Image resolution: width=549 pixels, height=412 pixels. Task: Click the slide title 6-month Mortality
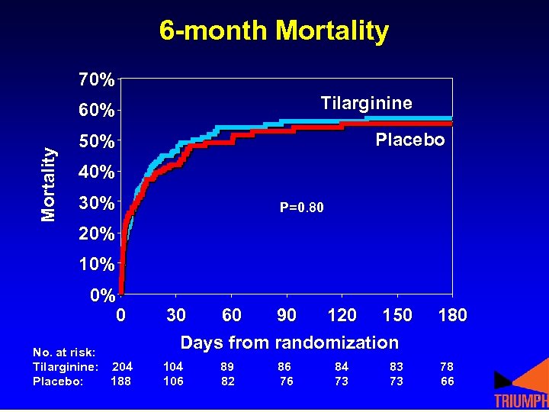tap(274, 31)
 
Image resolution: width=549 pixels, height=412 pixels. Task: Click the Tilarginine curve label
tap(366, 103)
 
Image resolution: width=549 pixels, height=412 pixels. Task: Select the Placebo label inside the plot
tap(409, 140)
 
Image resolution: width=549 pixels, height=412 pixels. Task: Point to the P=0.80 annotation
tap(301, 207)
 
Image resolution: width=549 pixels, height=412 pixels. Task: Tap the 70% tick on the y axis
tap(96, 79)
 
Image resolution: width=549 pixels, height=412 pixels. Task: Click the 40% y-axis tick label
tap(96, 172)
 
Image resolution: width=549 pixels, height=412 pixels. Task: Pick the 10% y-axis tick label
tap(96, 265)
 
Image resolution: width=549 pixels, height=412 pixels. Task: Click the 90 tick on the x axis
tap(287, 315)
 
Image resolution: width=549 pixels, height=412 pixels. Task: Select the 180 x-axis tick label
tap(453, 315)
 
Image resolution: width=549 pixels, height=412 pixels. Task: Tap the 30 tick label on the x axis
tap(176, 315)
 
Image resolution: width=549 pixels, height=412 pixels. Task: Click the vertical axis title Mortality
tap(49, 184)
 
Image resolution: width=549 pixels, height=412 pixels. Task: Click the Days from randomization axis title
tap(289, 343)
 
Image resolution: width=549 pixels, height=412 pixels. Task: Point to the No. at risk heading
tap(64, 352)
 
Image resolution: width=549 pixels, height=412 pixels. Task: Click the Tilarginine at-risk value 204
tap(122, 367)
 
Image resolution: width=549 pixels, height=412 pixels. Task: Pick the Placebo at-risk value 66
tap(447, 381)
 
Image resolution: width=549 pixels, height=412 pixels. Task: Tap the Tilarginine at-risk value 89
tap(228, 367)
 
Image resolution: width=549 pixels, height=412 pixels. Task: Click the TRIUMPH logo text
tap(521, 401)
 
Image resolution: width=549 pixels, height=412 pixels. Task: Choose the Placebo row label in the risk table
tap(58, 381)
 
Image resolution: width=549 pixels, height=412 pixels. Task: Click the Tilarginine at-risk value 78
tap(447, 367)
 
